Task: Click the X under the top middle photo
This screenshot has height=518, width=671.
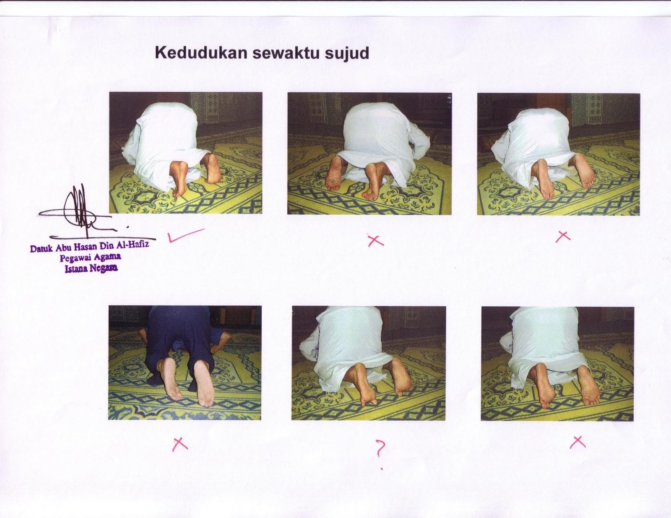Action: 375,240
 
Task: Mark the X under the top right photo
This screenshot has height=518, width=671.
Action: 563,237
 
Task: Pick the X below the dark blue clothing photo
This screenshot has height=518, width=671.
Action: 180,443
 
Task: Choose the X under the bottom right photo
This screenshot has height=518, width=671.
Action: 577,442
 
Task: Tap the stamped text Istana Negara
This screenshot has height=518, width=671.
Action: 91,268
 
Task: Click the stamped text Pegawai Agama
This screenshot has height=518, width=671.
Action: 90,257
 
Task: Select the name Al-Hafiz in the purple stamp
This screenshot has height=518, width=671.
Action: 133,245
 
